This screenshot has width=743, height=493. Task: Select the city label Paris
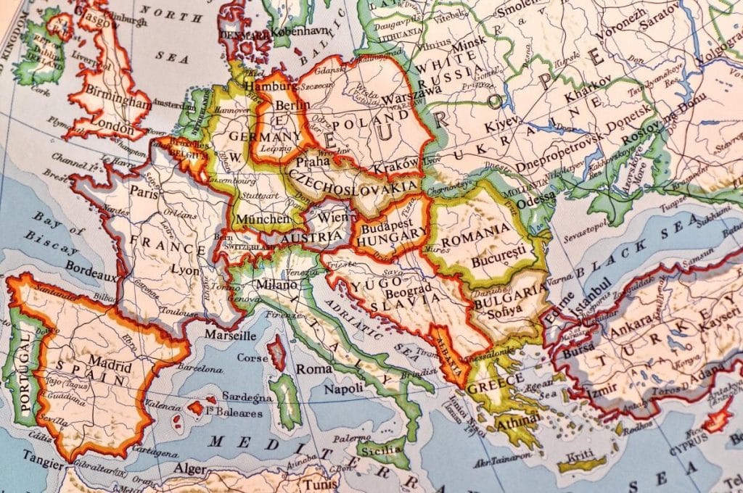(x=144, y=193)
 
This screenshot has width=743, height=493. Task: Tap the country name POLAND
(x=373, y=120)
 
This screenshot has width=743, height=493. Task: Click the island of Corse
(x=276, y=353)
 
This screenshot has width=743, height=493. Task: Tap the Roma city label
(x=313, y=368)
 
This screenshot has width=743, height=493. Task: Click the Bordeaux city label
(x=91, y=265)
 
